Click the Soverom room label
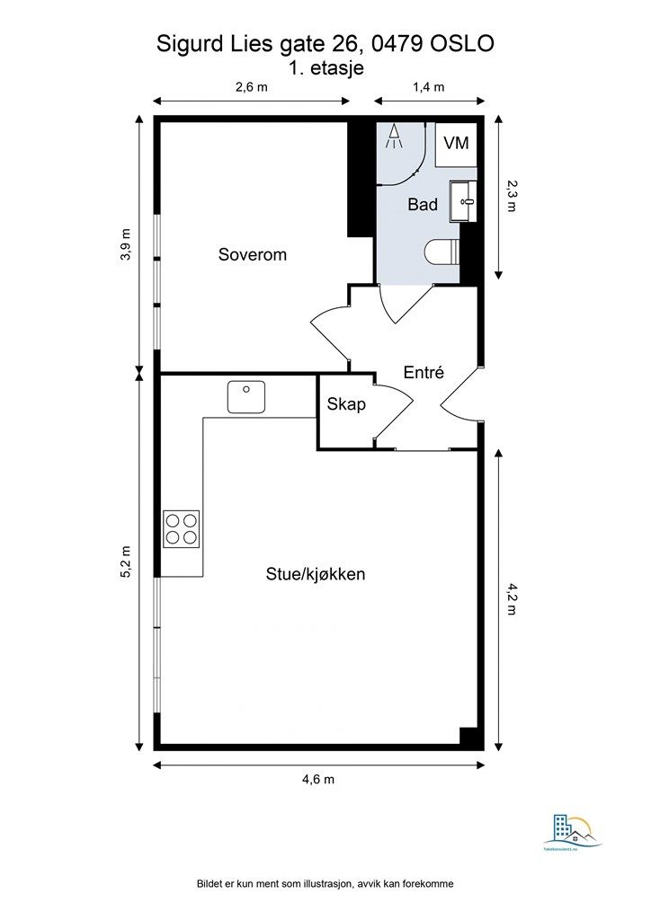click(x=252, y=255)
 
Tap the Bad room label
click(x=423, y=205)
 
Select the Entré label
click(x=424, y=373)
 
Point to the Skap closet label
click(x=346, y=404)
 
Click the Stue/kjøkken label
click(x=315, y=573)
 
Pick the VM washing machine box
click(x=457, y=144)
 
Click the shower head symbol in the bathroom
click(x=394, y=137)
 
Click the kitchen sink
click(x=245, y=396)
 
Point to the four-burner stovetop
click(x=181, y=528)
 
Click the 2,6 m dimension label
click(x=252, y=87)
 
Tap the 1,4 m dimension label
click(x=429, y=87)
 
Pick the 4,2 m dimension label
click(x=511, y=599)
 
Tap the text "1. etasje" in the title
click(x=325, y=68)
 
